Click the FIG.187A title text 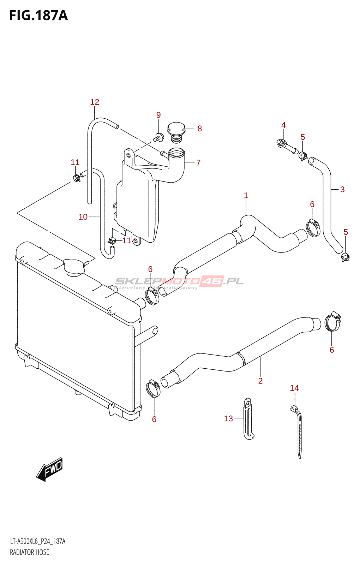click(x=38, y=16)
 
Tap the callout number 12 click(x=95, y=102)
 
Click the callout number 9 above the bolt click(x=158, y=115)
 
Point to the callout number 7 click(x=198, y=163)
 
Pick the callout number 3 click(x=342, y=190)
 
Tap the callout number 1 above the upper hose click(x=246, y=196)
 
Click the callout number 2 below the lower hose click(x=260, y=381)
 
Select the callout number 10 click(x=83, y=217)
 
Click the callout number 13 click(x=228, y=418)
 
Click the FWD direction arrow click(x=50, y=469)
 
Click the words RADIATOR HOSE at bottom click(x=30, y=552)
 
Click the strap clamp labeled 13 click(x=248, y=419)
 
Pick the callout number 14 click(x=294, y=388)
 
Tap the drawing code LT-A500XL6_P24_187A click(x=38, y=541)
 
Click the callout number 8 click(x=200, y=129)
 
